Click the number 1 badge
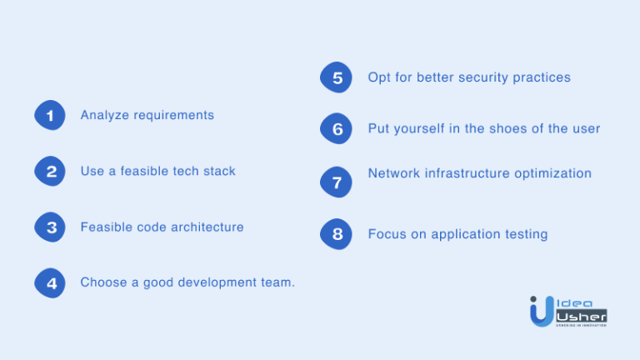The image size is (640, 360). click(50, 116)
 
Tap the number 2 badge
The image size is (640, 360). click(50, 172)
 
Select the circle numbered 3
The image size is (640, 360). click(50, 227)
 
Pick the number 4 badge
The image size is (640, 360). click(50, 283)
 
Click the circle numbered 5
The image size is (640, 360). click(337, 78)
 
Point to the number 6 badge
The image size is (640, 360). click(337, 129)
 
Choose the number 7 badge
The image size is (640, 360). click(337, 181)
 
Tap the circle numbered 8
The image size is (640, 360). click(337, 234)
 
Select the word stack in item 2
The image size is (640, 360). click(219, 171)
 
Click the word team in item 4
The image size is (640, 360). click(278, 282)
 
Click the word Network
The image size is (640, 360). click(395, 173)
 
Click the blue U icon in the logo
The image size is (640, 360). click(540, 310)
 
